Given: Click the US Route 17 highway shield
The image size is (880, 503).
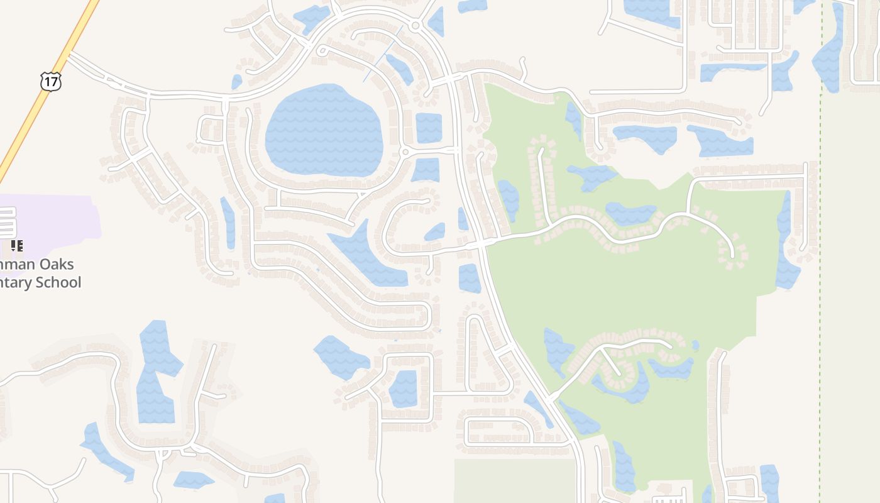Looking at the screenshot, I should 50,80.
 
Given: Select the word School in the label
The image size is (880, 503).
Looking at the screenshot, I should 58,282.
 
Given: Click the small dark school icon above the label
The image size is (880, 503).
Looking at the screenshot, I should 17,246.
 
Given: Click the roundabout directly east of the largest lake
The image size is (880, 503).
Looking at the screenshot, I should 405,152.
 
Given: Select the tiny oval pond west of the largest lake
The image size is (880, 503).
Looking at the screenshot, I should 237,82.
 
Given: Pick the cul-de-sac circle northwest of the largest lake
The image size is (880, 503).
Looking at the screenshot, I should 322,50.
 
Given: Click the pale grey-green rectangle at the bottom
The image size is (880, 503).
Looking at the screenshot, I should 515,481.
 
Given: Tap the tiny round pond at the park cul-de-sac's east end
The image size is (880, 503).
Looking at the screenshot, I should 695,345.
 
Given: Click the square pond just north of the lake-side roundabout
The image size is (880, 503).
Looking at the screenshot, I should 429,128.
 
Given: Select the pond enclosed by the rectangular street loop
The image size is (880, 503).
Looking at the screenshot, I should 404,389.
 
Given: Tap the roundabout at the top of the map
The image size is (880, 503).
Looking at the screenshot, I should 415,26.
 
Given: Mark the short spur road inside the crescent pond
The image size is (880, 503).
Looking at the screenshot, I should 611,363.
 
